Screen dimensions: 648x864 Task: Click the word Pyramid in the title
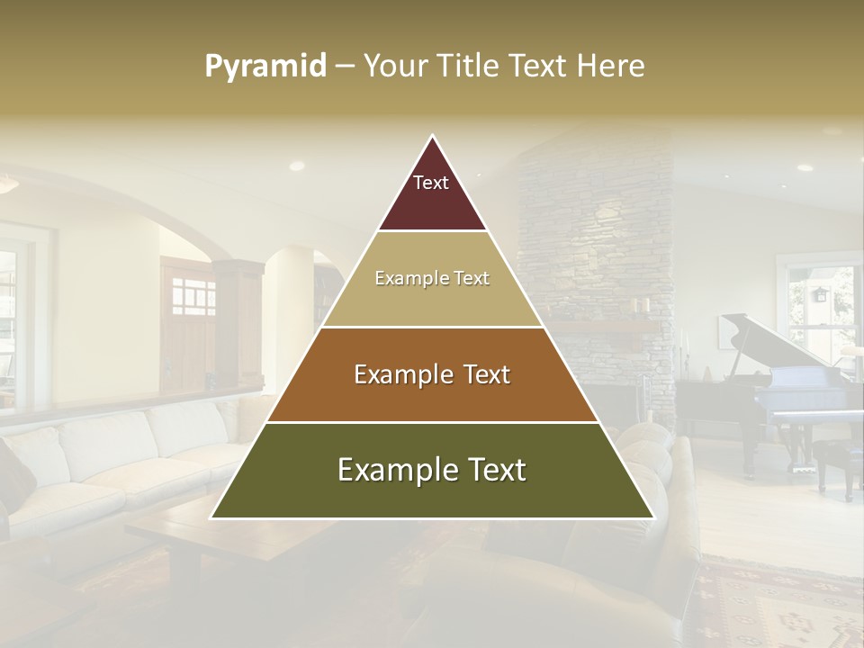point(265,67)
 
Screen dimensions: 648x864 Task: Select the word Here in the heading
point(610,67)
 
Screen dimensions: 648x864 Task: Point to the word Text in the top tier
point(431,183)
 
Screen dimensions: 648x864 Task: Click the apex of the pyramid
point(433,137)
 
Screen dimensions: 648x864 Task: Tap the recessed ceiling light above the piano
point(805,167)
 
